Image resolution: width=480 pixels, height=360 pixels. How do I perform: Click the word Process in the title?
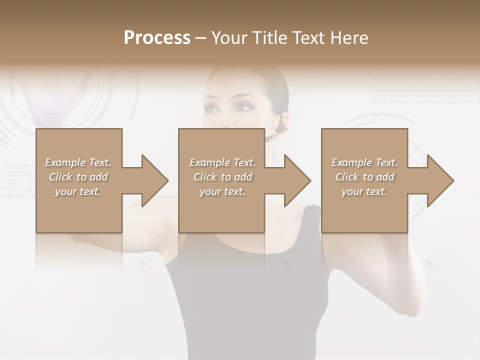tap(157, 38)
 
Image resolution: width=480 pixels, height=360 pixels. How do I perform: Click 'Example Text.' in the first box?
tap(78, 162)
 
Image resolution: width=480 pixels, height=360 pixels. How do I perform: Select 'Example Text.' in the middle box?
tap(222, 162)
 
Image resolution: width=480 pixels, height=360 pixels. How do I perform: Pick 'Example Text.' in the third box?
tap(364, 162)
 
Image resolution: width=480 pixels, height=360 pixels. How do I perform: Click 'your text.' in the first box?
tap(78, 191)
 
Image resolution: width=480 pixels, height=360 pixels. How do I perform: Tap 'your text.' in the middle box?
tap(222, 191)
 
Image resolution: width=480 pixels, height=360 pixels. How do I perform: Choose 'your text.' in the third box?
tap(364, 191)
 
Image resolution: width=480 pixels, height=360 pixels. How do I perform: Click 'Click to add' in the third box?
tap(364, 177)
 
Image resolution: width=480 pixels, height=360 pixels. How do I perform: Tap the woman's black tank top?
tap(240, 300)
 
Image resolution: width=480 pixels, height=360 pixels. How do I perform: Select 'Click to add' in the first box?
tap(78, 177)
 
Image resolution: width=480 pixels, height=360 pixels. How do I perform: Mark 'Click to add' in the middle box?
tap(222, 177)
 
